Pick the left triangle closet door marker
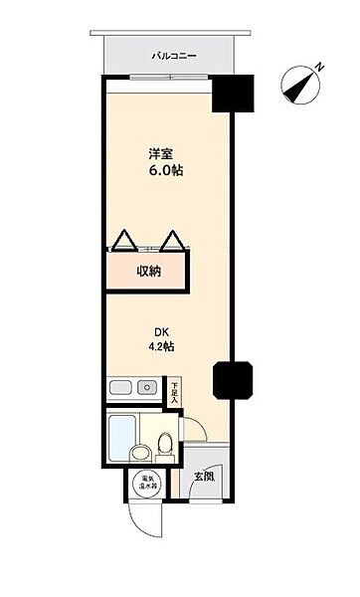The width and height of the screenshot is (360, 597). (x=123, y=240)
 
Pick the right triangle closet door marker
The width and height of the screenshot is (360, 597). (x=173, y=240)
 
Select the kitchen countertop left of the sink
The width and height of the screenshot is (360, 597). (x=121, y=387)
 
